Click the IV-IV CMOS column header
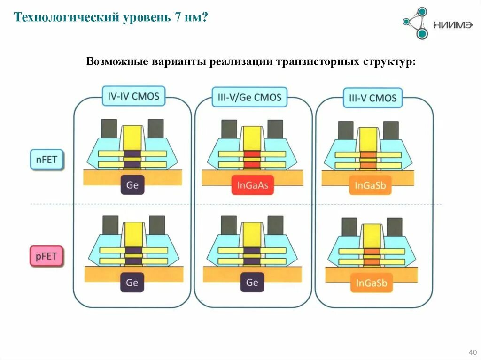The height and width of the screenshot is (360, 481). (x=133, y=97)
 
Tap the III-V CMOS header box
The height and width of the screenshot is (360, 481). (x=372, y=98)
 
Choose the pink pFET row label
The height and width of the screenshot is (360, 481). (x=46, y=256)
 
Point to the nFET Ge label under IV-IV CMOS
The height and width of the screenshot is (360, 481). (x=132, y=185)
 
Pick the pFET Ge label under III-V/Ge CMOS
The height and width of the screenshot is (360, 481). (x=252, y=282)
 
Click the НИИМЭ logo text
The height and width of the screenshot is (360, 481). (x=453, y=25)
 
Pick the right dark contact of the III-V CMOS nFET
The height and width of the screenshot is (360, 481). (x=390, y=130)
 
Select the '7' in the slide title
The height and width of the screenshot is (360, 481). (x=178, y=18)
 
